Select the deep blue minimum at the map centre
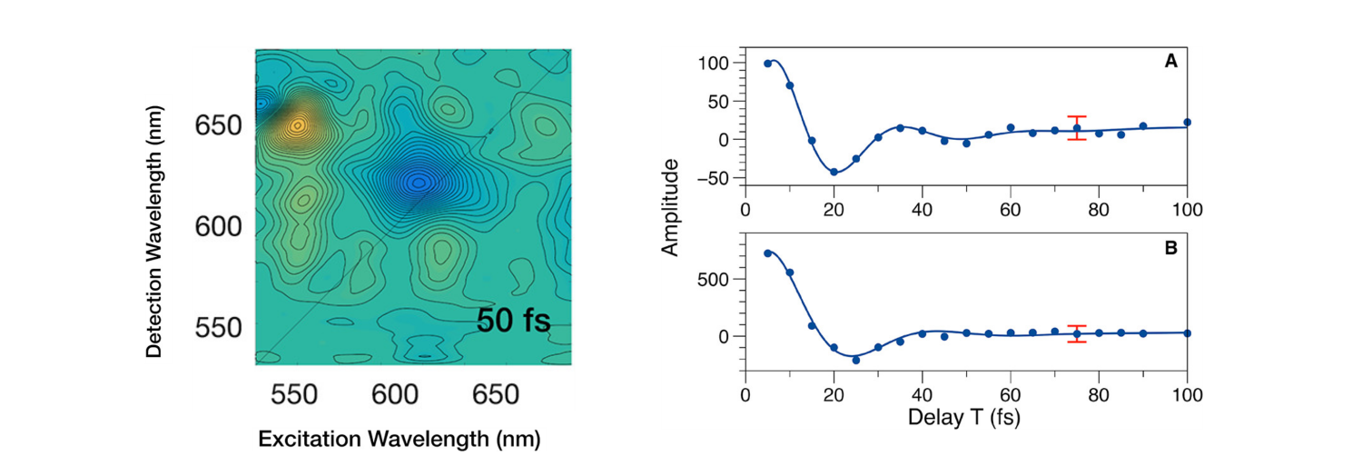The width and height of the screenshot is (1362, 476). click(x=418, y=182)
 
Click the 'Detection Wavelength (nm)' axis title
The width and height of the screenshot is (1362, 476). click(x=159, y=225)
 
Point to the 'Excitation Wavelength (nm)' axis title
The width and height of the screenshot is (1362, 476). click(x=400, y=440)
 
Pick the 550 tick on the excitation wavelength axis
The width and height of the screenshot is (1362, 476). click(x=293, y=395)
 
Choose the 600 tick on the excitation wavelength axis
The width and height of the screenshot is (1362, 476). click(x=394, y=395)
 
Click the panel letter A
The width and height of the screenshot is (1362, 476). click(x=1170, y=63)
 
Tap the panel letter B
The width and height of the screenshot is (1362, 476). click(x=1170, y=245)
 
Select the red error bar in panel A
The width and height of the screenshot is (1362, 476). click(x=1077, y=128)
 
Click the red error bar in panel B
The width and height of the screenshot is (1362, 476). click(x=1077, y=334)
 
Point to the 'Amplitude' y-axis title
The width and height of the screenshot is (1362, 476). click(x=673, y=207)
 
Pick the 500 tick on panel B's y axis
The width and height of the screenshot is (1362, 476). click(x=718, y=279)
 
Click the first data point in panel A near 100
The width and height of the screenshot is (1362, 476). click(x=768, y=64)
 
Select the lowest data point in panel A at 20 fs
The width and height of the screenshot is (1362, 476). click(x=834, y=171)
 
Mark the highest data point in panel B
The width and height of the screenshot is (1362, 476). click(x=768, y=253)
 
